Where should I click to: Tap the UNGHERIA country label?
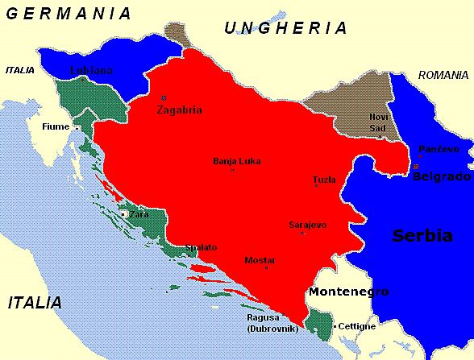click(286, 28)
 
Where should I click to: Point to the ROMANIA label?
click(443, 75)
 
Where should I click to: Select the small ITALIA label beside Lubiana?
click(20, 70)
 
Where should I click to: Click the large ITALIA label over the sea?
click(35, 303)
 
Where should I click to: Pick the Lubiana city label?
click(91, 70)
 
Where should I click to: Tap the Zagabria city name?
click(180, 110)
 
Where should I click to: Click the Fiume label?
click(56, 126)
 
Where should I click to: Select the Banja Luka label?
click(236, 160)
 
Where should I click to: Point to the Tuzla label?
click(325, 180)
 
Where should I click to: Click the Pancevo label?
click(439, 149)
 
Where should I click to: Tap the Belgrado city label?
click(442, 176)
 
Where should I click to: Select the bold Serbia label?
click(422, 235)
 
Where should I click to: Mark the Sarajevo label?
click(307, 225)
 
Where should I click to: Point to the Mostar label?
click(260, 260)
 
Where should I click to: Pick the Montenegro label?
click(349, 292)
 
